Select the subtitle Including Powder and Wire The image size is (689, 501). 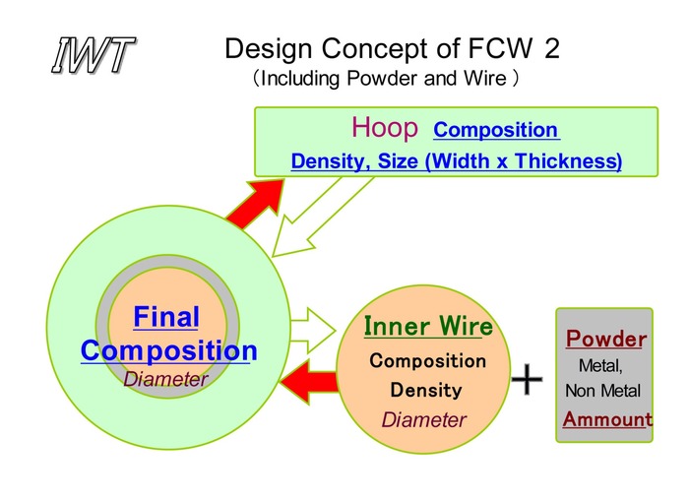[385, 78]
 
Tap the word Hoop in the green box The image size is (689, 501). [385, 128]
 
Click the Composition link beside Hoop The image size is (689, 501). [496, 130]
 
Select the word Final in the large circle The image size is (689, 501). [165, 318]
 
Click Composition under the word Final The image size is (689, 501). [168, 350]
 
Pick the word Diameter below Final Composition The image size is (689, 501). [165, 379]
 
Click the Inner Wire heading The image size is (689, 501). [428, 327]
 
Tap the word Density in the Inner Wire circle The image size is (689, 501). [426, 390]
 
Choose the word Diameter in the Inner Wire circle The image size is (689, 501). [423, 420]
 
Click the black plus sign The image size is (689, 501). [529, 379]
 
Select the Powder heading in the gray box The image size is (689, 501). [605, 341]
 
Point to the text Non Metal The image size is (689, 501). [602, 392]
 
